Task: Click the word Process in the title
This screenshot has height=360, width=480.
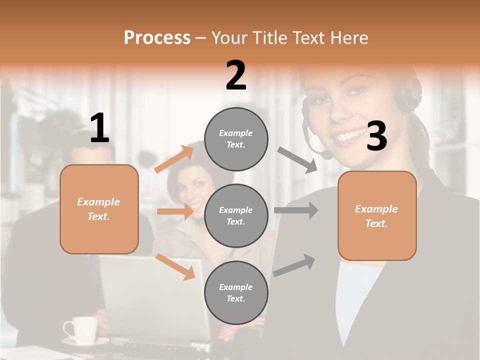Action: click(157, 37)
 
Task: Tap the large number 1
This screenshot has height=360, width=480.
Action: click(99, 128)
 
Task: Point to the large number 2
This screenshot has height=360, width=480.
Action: click(236, 75)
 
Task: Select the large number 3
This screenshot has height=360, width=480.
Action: click(376, 136)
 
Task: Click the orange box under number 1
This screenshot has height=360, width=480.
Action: click(99, 209)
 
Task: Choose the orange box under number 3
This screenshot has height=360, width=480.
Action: click(376, 215)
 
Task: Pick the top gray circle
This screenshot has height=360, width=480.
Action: click(236, 139)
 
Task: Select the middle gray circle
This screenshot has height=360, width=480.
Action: click(236, 215)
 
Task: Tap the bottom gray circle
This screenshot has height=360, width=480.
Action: click(236, 292)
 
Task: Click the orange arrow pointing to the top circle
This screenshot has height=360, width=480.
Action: click(174, 159)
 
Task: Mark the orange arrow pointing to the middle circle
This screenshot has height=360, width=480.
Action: click(175, 211)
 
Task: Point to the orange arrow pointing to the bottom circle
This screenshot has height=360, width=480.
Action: click(175, 266)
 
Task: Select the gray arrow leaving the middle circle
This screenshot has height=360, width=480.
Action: click(296, 210)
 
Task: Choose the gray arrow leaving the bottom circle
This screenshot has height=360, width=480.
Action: click(294, 265)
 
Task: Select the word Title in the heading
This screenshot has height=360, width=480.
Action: click(269, 37)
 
